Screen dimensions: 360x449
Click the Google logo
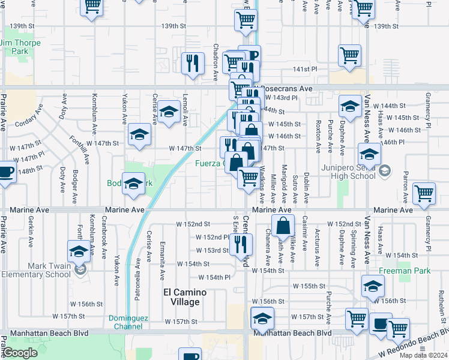pyautogui.click(x=20, y=353)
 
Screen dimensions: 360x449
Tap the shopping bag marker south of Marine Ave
pyautogui.click(x=283, y=226)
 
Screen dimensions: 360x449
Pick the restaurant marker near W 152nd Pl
pyautogui.click(x=241, y=242)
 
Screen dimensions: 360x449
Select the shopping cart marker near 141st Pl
pyautogui.click(x=350, y=55)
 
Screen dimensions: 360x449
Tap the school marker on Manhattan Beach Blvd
pyautogui.click(x=262, y=317)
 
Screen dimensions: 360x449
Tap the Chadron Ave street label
pyautogui.click(x=215, y=62)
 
